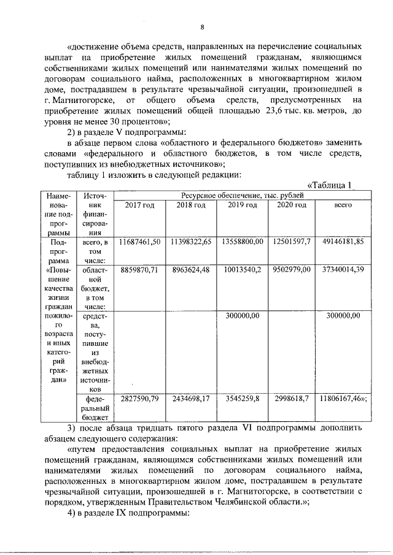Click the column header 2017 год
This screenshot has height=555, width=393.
point(139,205)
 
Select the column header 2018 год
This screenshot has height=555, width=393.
point(191,205)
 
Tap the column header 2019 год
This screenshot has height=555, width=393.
point(242,205)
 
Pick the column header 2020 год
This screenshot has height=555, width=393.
point(291,205)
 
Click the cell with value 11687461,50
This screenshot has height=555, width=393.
point(139,242)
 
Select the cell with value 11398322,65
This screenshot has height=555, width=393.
point(191,242)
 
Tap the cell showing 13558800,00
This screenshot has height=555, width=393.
point(242,242)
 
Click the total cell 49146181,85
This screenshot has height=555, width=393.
point(342,242)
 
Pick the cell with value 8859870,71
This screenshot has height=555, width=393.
point(139,269)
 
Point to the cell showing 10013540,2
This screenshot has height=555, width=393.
point(242,269)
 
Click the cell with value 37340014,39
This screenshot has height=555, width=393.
point(342,269)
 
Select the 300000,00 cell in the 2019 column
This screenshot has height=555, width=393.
point(242,315)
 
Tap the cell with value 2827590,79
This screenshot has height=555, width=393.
point(139,399)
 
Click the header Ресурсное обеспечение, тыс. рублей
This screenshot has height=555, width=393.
point(242,195)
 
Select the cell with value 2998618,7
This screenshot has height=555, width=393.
point(291,399)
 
